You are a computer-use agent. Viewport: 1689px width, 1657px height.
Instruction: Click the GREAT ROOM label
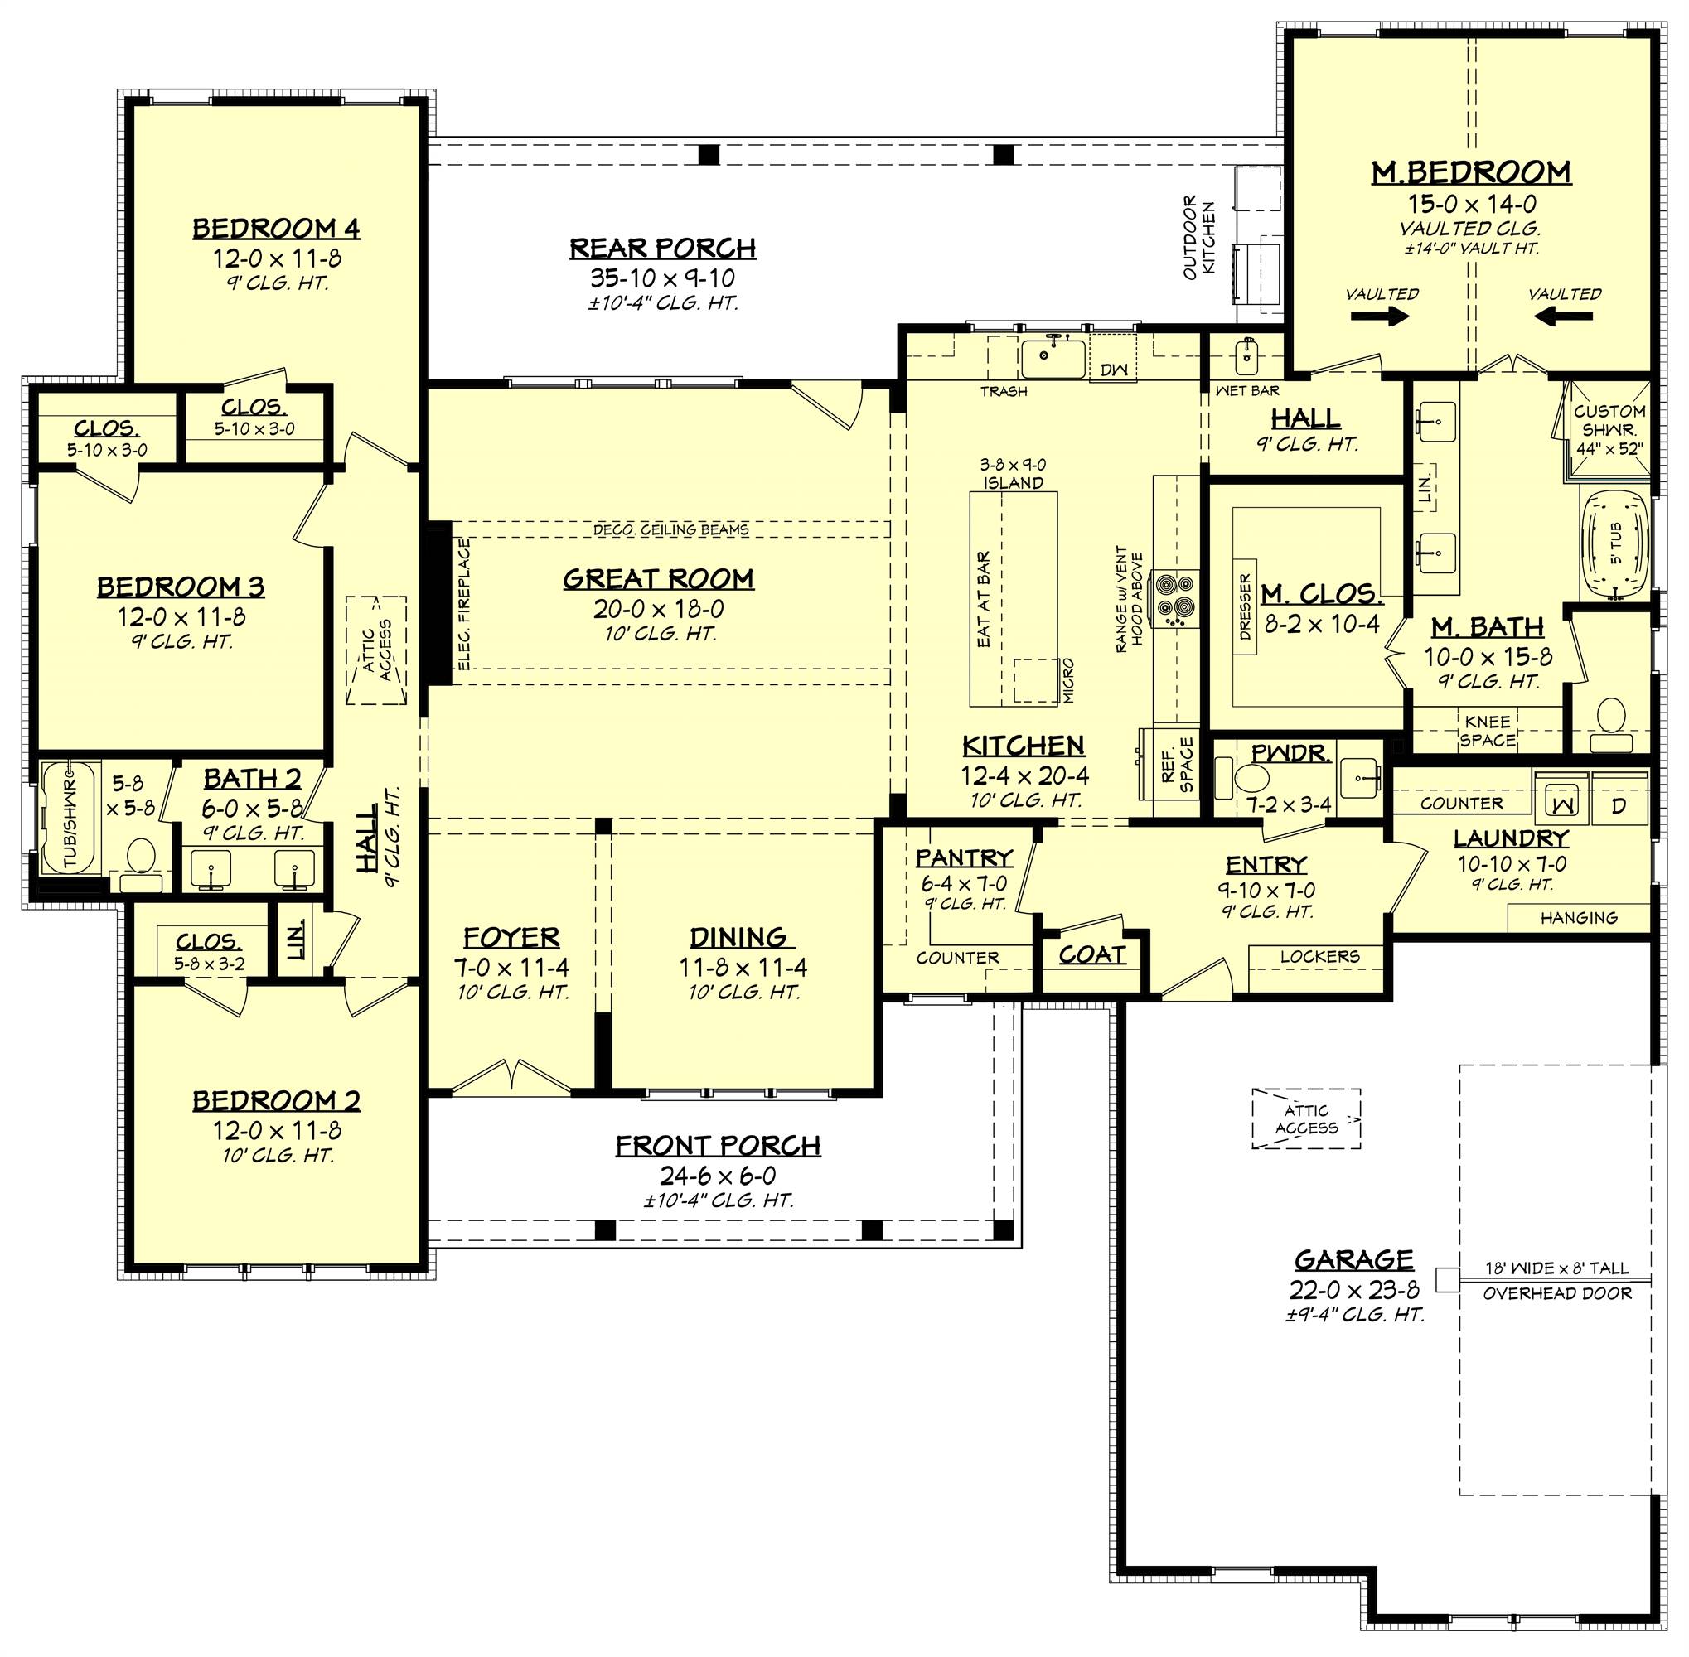click(x=658, y=579)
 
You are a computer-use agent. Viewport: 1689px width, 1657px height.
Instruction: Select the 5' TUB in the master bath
click(x=1614, y=546)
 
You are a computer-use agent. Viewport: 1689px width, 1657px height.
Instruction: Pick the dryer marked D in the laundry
click(x=1618, y=805)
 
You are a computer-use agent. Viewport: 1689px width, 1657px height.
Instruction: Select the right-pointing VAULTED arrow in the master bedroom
click(x=1384, y=317)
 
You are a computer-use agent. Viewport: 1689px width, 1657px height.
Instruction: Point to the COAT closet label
click(x=1091, y=954)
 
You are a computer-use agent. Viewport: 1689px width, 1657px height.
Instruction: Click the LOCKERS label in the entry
click(x=1320, y=956)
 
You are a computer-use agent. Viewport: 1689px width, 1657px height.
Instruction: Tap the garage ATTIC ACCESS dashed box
click(x=1306, y=1119)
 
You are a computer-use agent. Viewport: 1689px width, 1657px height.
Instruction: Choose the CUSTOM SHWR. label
click(x=1609, y=420)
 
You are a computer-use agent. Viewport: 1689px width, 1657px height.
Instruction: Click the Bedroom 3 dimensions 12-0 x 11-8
click(x=182, y=617)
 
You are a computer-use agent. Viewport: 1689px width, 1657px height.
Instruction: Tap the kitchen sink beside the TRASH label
click(x=1053, y=356)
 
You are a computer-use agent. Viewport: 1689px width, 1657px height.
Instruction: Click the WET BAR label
click(x=1246, y=392)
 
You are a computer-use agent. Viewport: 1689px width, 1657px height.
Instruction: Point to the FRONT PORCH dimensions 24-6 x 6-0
click(x=719, y=1176)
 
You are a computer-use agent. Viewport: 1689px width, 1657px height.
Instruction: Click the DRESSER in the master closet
click(x=1245, y=606)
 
